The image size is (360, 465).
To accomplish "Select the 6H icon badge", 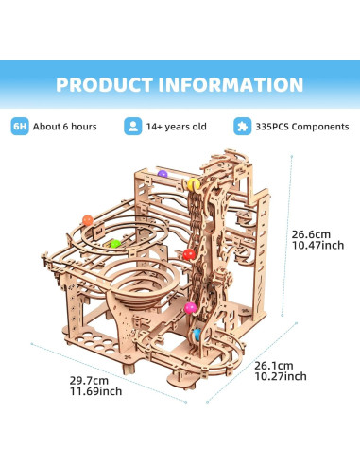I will click(19, 125).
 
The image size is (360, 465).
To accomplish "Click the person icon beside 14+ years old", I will click(132, 125).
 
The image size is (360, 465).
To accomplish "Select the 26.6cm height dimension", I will click(311, 232).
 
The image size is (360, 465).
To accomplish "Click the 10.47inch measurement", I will click(315, 246).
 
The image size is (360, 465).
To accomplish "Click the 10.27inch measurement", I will click(282, 376).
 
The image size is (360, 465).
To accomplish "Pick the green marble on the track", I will click(115, 243).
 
